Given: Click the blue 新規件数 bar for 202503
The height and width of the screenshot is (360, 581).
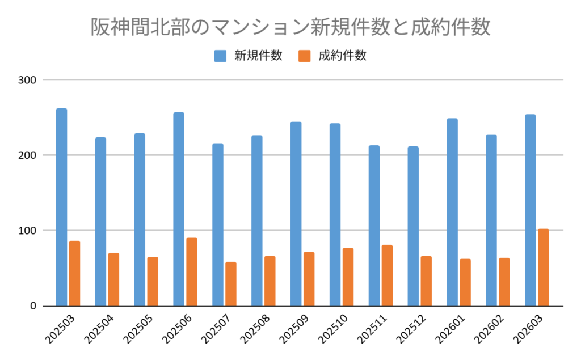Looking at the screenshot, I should click(x=61, y=207).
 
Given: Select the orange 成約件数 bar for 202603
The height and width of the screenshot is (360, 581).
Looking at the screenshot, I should click(x=544, y=267).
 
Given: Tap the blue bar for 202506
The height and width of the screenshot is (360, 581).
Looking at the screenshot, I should click(x=179, y=209).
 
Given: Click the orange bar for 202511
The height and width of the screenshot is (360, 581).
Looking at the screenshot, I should click(x=388, y=275).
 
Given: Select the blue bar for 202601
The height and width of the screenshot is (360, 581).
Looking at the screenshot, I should click(x=452, y=212).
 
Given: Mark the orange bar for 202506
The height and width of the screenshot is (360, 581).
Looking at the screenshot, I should click(x=192, y=272).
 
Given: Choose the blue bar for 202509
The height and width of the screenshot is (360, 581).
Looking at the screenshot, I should click(x=296, y=214).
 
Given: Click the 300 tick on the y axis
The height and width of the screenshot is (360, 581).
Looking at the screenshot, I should click(x=28, y=80).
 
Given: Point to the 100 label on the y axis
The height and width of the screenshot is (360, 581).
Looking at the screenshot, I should click(x=28, y=231).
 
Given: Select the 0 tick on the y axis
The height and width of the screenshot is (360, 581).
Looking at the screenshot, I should click(x=33, y=306).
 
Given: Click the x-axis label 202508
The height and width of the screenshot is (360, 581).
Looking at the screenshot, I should click(x=254, y=330).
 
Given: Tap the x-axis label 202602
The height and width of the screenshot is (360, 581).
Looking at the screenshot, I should click(x=489, y=330).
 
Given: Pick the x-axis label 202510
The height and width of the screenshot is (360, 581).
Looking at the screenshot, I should click(x=332, y=330).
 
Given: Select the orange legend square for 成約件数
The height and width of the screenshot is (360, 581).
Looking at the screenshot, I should click(x=305, y=56).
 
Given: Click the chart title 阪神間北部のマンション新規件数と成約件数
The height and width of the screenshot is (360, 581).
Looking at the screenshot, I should click(x=290, y=27).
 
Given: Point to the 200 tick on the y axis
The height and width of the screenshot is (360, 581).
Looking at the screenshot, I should click(x=28, y=155).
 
